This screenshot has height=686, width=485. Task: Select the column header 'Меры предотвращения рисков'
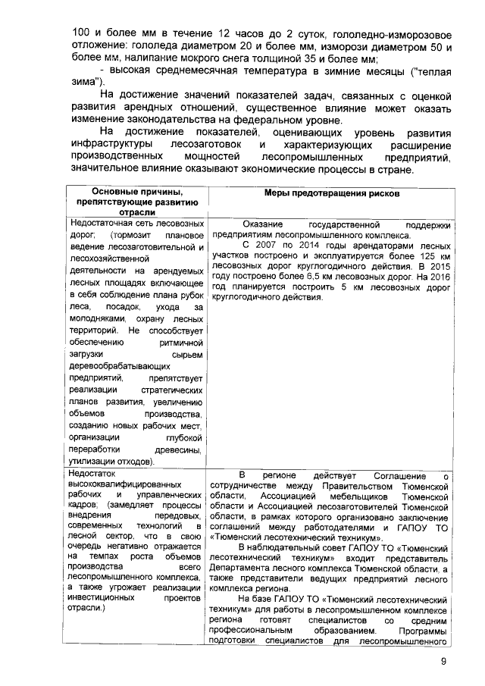[x=332, y=193]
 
